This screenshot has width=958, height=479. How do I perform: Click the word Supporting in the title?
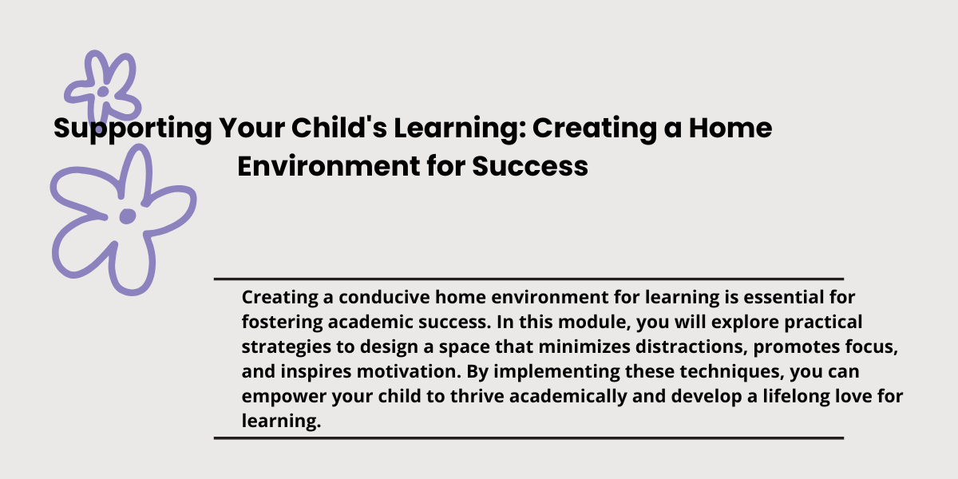(x=133, y=129)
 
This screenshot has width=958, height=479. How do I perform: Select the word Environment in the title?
(x=328, y=166)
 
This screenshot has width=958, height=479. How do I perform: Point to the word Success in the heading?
(x=530, y=166)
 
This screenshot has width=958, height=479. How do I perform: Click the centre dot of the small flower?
(x=103, y=92)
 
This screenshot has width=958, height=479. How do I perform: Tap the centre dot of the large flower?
(x=128, y=216)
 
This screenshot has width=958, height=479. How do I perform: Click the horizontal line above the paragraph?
(x=528, y=279)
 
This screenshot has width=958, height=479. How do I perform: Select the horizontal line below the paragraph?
(x=528, y=438)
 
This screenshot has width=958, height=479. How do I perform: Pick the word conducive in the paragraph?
(x=384, y=297)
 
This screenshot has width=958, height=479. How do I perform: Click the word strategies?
(x=286, y=346)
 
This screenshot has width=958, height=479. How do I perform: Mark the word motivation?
(x=409, y=371)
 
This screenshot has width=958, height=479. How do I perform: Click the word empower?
(x=284, y=397)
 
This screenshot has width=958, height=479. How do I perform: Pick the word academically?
(x=568, y=397)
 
